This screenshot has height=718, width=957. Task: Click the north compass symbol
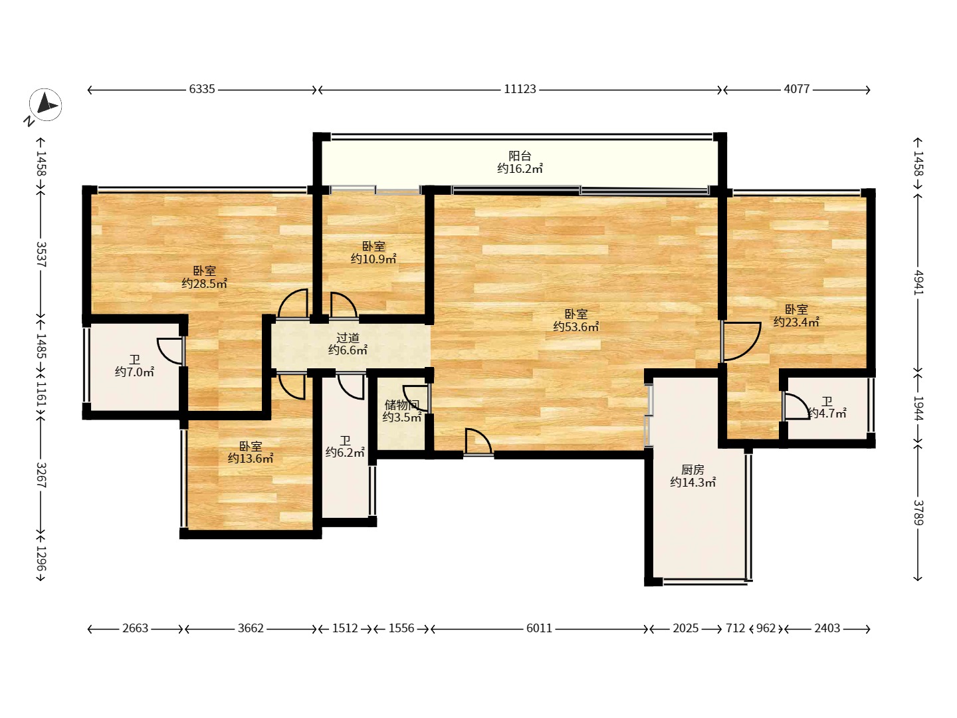tap(45, 104)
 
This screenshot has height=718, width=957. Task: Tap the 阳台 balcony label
tap(520, 156)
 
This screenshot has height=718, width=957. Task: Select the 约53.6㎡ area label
tap(576, 326)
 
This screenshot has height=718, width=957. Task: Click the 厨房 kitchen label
tap(692, 469)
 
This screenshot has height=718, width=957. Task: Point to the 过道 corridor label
tap(348, 338)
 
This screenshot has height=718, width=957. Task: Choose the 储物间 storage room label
tap(401, 405)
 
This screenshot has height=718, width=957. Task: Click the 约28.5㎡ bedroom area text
tap(204, 284)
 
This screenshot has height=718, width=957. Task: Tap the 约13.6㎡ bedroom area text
tap(251, 458)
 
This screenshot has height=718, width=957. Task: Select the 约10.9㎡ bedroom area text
tap(373, 259)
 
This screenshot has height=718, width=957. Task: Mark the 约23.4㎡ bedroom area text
tap(796, 322)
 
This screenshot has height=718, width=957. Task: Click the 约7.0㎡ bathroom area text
tap(134, 372)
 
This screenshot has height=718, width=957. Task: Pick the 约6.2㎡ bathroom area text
tap(345, 453)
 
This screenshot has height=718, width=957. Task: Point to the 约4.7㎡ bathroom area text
tap(827, 414)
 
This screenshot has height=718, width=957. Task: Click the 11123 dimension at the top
tap(520, 89)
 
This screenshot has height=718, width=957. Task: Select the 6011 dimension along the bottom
tap(539, 628)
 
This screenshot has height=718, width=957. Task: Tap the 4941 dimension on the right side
tap(918, 283)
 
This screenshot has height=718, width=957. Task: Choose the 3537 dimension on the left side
tap(41, 254)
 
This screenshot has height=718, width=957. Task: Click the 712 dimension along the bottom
tap(736, 628)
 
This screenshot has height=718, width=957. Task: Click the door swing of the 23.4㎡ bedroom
tap(741, 342)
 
